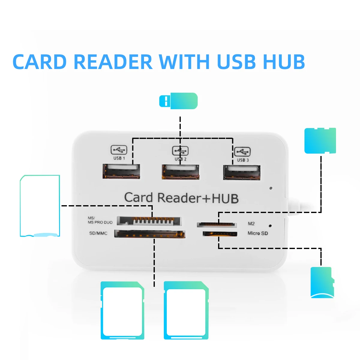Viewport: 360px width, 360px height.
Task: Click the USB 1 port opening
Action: point(121,172)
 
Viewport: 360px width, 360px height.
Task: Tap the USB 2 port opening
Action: point(181,172)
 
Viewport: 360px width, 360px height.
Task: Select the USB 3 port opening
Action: point(242,173)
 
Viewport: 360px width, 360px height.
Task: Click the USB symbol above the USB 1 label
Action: point(119,150)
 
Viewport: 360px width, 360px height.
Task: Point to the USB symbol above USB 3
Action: point(242,151)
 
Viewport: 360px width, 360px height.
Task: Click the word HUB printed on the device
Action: point(225,199)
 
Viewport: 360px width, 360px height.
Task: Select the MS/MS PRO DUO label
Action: point(100,220)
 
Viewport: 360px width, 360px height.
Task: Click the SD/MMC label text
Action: point(98,233)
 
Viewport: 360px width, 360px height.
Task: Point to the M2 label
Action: point(251,223)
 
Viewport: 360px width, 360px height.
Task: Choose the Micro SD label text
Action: point(258,233)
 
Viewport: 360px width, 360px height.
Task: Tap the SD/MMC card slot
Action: point(150,234)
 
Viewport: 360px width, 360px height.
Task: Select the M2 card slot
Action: point(216,224)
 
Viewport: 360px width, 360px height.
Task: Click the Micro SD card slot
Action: point(220,234)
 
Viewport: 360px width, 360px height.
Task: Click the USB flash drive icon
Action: point(178,101)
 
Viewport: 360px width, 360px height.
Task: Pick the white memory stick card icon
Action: point(40,206)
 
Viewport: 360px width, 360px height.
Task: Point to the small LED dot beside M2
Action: point(270,226)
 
